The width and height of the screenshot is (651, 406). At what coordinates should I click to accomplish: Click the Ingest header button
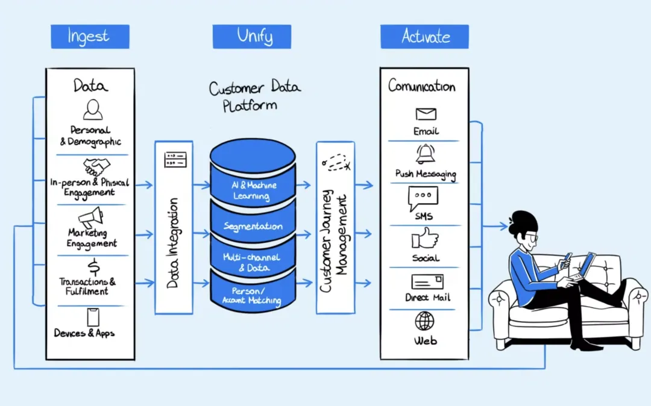tap(90, 36)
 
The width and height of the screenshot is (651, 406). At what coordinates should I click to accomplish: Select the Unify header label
tap(251, 36)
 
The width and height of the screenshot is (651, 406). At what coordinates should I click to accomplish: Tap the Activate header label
tap(424, 36)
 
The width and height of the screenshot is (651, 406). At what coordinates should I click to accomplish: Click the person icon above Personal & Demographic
tap(92, 109)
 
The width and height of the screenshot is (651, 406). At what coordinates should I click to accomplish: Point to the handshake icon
tap(96, 167)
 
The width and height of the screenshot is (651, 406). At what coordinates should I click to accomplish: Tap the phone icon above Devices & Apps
tap(93, 317)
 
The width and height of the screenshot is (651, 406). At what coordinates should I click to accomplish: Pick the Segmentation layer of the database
tap(253, 226)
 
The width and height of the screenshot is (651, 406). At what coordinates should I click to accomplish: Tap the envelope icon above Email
tap(426, 114)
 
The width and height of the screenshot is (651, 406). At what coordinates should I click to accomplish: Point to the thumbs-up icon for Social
tap(425, 239)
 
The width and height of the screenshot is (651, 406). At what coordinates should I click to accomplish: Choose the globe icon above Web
tap(424, 320)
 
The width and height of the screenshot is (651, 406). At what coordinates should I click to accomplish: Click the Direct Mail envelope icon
tap(427, 281)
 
